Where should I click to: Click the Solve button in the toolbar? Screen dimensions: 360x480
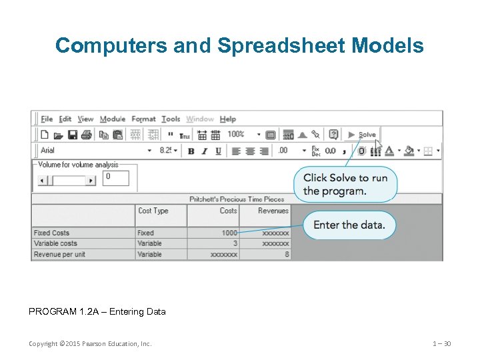[x=362, y=135]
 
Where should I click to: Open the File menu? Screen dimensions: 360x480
[x=47, y=119]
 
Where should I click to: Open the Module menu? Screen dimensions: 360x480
[x=113, y=119]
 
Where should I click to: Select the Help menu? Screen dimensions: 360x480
[x=228, y=119]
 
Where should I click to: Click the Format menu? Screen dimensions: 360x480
[x=143, y=119]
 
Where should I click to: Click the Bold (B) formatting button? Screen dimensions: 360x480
[x=191, y=151]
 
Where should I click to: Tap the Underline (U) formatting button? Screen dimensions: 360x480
[x=218, y=151]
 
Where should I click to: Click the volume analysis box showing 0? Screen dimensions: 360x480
[x=116, y=177]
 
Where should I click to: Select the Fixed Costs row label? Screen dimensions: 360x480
[x=51, y=233]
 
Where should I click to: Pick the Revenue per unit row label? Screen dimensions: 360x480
[x=59, y=255]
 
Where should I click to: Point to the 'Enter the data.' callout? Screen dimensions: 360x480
[x=349, y=225]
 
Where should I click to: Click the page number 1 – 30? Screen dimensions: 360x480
[x=441, y=344]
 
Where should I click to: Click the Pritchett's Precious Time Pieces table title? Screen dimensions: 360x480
[x=237, y=199]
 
